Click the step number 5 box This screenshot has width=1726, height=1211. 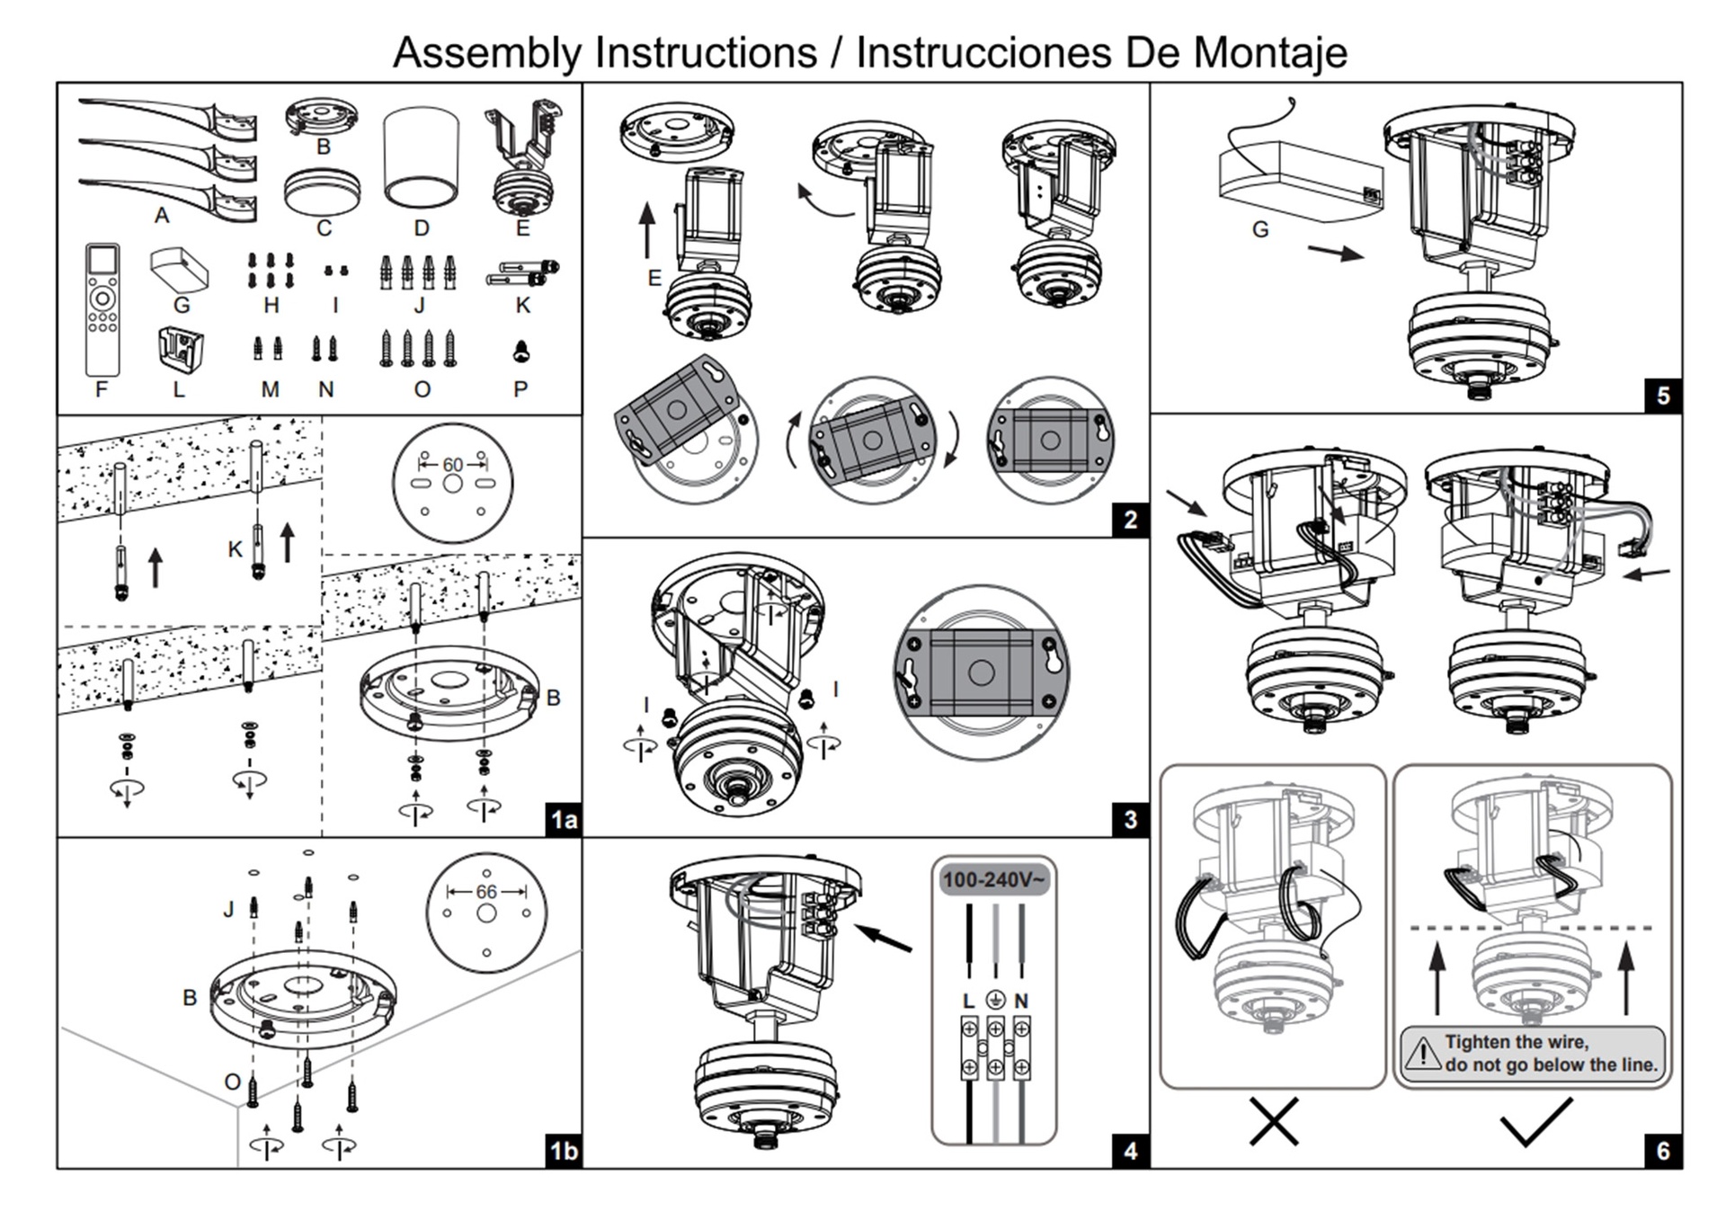[1662, 396]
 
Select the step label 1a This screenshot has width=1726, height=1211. [564, 819]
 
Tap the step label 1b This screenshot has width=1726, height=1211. [564, 1151]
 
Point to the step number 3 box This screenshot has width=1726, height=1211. [1130, 819]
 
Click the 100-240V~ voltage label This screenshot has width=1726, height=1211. [993, 879]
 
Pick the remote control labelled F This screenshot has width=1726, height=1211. [102, 308]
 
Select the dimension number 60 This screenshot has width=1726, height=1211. [452, 465]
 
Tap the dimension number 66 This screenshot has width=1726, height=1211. [486, 892]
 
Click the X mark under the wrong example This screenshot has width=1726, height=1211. [1274, 1121]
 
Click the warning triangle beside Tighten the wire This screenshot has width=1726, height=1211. [1422, 1053]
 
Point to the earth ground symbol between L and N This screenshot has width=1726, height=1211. [995, 1000]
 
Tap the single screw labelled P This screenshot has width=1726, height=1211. [520, 352]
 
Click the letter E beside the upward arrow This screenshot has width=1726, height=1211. [654, 279]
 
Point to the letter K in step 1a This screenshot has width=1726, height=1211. [236, 549]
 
